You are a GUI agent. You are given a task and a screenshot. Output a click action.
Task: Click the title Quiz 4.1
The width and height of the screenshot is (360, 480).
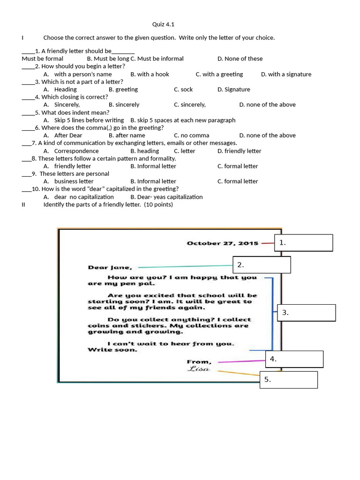(x=164, y=24)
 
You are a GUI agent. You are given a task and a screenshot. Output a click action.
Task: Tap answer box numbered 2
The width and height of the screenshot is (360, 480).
(x=262, y=265)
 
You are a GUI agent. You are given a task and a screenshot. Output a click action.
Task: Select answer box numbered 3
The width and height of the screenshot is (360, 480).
(x=306, y=313)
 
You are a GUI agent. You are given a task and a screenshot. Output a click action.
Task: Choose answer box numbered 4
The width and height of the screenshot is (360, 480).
(x=294, y=359)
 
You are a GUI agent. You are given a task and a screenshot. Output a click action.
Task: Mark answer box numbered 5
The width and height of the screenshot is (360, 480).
(x=288, y=380)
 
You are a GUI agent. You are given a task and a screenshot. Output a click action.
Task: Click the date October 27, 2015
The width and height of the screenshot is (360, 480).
(x=223, y=243)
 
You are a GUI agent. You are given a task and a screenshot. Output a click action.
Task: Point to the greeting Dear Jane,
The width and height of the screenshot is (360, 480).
(x=110, y=268)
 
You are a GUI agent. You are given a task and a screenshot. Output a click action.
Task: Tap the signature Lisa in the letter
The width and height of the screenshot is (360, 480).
(x=199, y=369)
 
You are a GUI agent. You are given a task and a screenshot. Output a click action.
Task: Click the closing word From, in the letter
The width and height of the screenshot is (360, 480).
(x=199, y=361)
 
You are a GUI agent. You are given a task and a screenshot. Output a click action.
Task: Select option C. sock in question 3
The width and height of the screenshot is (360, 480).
(x=183, y=90)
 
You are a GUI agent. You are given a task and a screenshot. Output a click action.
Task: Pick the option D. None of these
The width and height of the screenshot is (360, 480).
(x=240, y=59)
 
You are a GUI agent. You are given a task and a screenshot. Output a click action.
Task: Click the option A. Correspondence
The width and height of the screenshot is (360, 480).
(x=71, y=151)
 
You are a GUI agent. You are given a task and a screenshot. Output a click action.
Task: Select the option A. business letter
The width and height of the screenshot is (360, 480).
(x=69, y=181)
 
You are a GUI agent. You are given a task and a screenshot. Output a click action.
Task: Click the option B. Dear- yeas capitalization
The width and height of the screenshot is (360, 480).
(x=167, y=197)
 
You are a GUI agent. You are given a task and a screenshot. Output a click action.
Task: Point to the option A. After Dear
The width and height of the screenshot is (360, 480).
(x=63, y=135)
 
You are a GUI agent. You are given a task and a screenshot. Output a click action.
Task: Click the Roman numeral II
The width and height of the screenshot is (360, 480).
(x=23, y=204)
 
